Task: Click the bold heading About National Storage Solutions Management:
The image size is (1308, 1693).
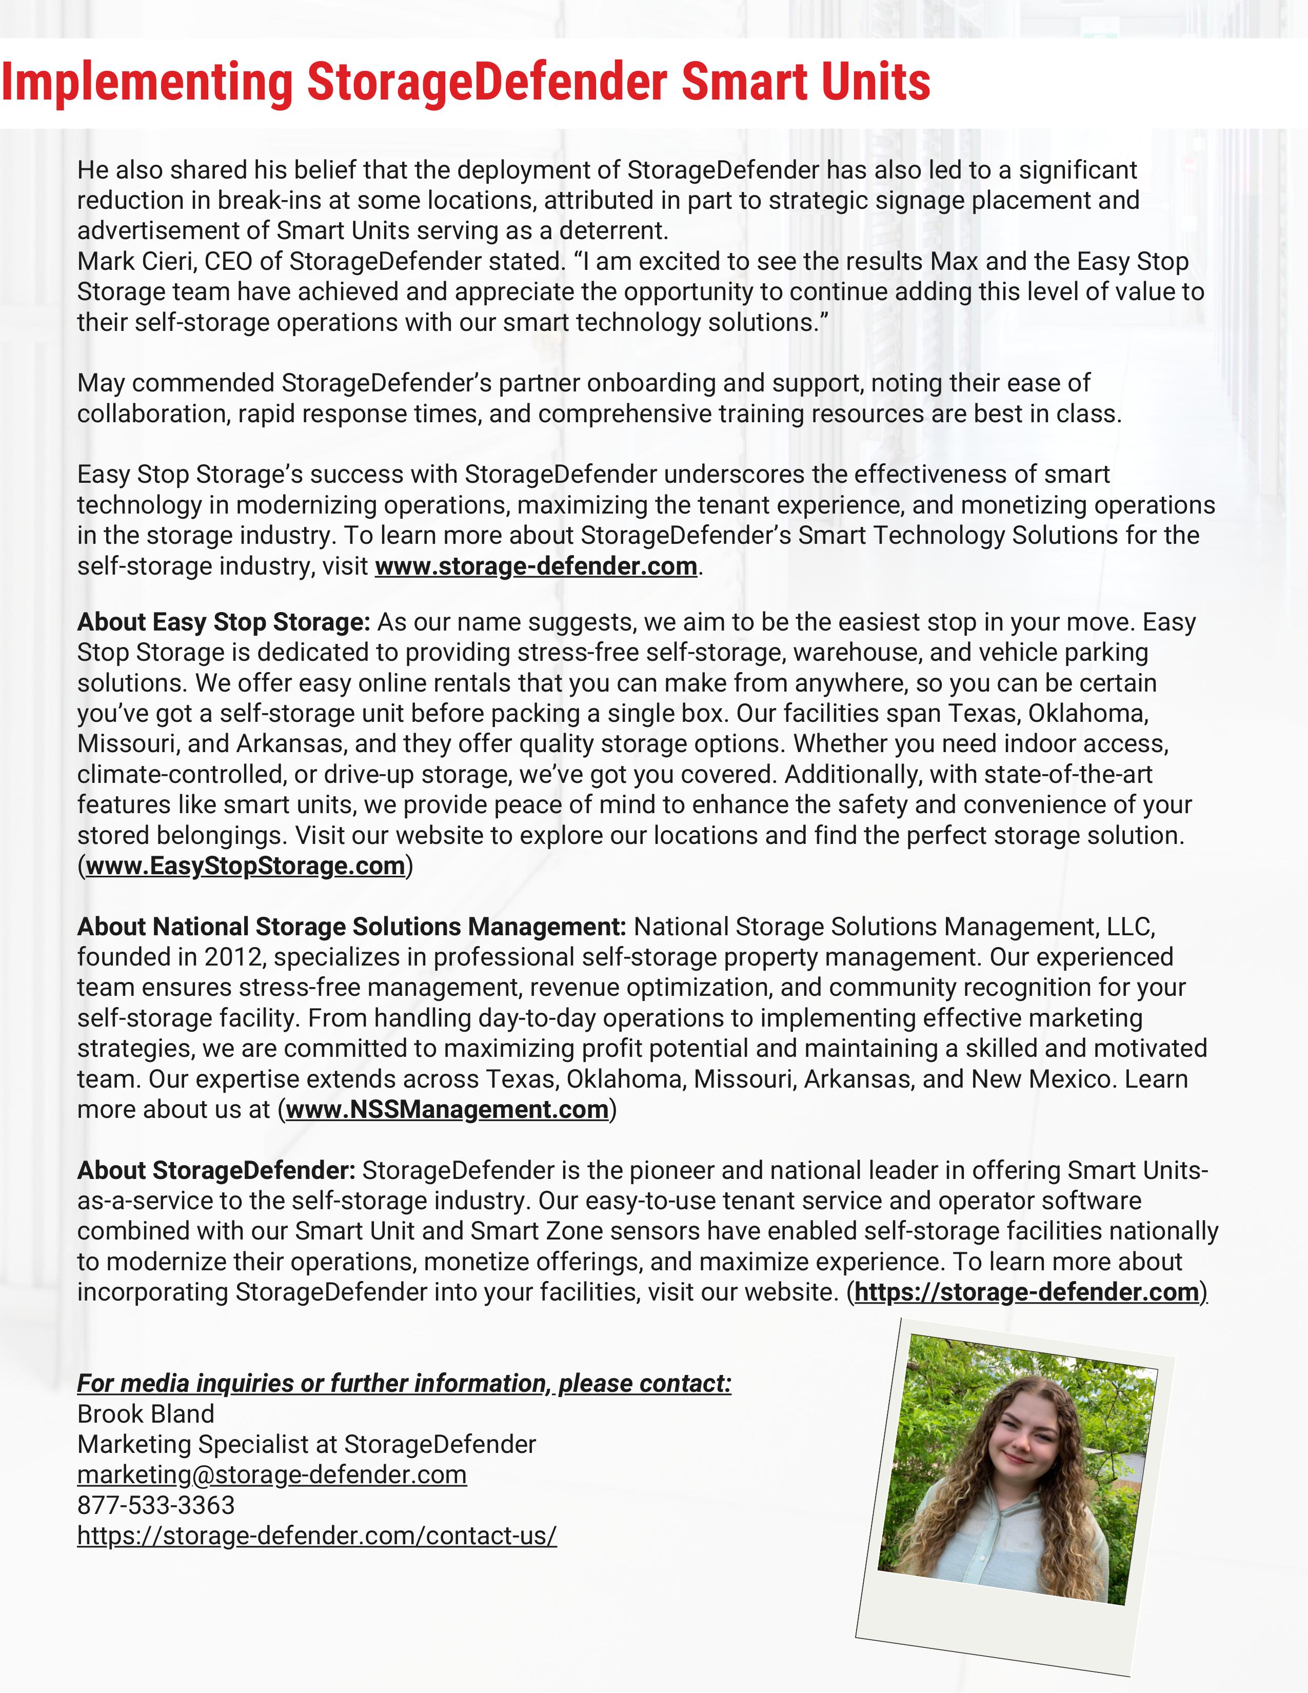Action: tap(351, 927)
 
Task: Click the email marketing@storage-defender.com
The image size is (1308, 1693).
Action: tap(272, 1474)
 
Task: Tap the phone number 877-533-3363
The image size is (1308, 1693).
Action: tap(156, 1505)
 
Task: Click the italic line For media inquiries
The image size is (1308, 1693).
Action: tap(404, 1383)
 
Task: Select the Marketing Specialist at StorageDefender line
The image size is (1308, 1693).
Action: tap(307, 1444)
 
